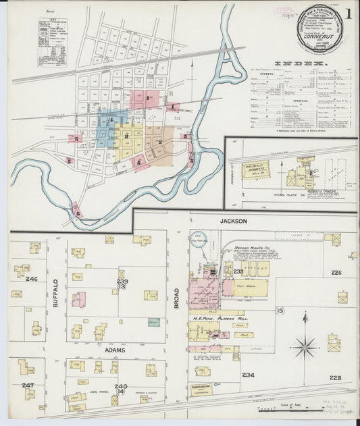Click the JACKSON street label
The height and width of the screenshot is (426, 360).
[x=232, y=221]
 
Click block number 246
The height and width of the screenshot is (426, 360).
[x=31, y=279]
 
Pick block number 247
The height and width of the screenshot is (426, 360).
[x=28, y=385]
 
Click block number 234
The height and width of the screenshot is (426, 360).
[x=248, y=375]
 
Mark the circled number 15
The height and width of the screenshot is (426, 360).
[x=280, y=311]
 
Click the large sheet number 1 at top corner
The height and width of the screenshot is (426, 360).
[x=348, y=14]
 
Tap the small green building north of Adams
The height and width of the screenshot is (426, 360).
[x=154, y=322]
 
